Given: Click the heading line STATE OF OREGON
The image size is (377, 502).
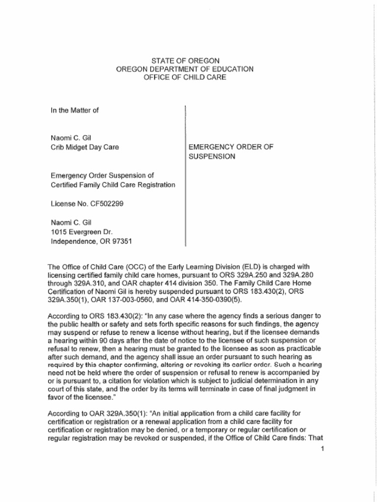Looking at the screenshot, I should [185, 60].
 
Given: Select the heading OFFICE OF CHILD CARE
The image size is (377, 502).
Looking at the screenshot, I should [185, 77].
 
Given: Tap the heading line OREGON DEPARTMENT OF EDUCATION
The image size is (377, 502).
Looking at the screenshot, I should [185, 69].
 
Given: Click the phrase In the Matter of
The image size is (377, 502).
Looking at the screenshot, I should [75, 110].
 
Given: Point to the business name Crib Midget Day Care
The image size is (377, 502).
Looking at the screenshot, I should [84, 147].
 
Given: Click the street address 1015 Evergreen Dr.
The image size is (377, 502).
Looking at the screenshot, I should [82, 231].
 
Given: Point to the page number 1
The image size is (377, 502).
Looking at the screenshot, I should [322, 448].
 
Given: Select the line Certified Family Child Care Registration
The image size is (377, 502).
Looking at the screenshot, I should [113, 185].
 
